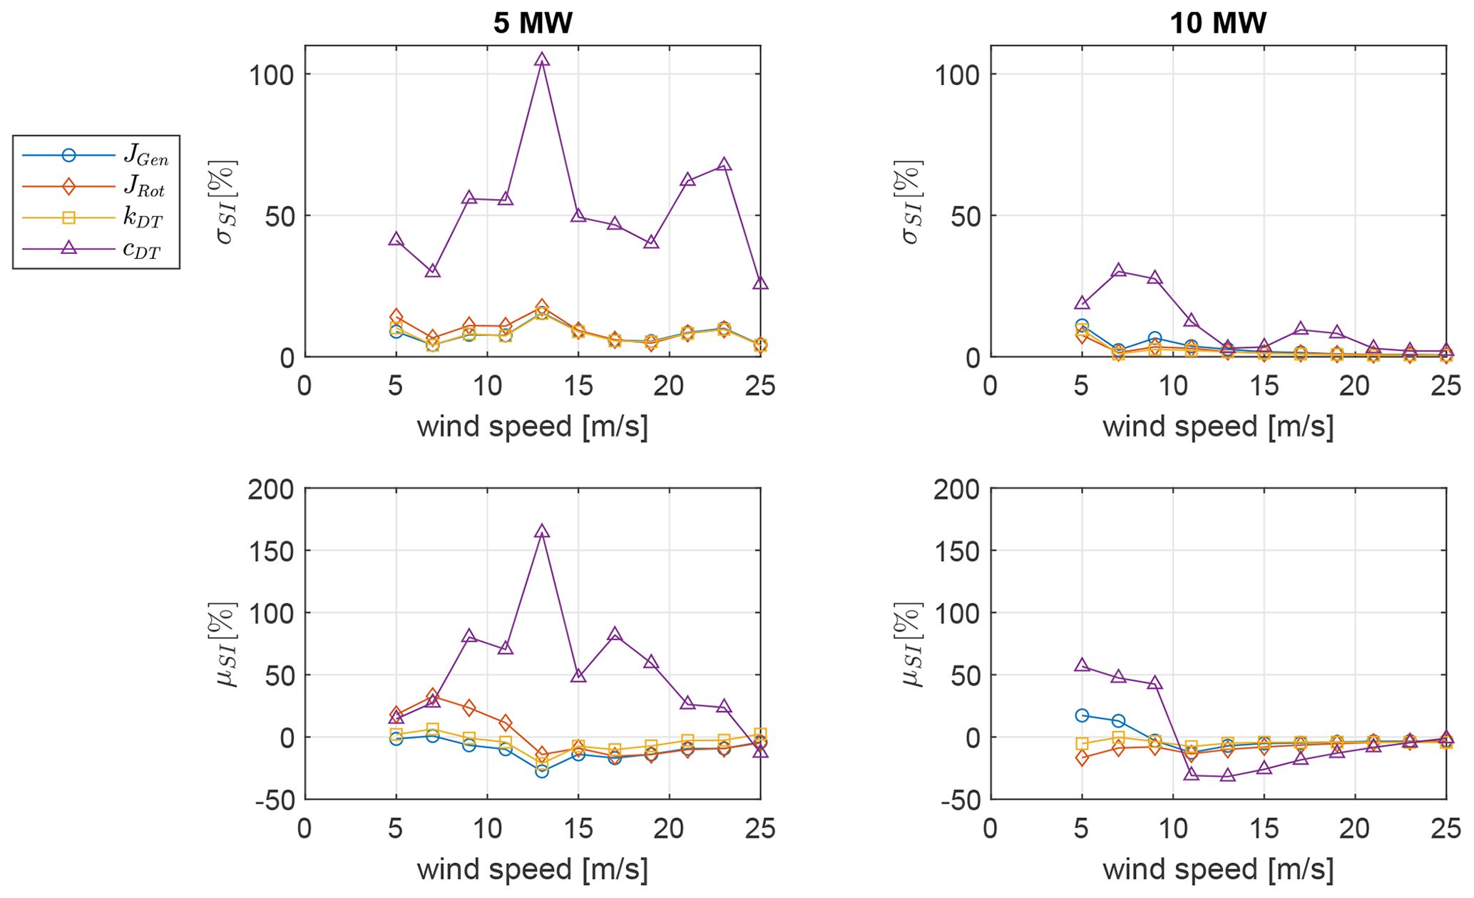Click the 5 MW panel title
click(x=533, y=24)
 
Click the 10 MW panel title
click(x=1218, y=24)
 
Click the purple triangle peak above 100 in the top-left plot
click(x=542, y=60)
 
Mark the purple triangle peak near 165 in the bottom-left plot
click(x=542, y=531)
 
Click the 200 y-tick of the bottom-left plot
click(x=271, y=489)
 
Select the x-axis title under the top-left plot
click(x=533, y=427)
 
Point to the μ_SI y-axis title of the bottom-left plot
click(x=225, y=646)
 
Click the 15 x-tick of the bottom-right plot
click(x=1264, y=830)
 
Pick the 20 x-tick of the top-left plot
click(x=669, y=387)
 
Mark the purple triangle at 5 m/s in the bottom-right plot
click(x=1082, y=665)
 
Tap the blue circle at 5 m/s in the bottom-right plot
click(x=1082, y=715)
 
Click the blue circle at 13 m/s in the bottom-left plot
click(x=542, y=771)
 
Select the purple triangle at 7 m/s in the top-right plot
click(x=1118, y=271)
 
